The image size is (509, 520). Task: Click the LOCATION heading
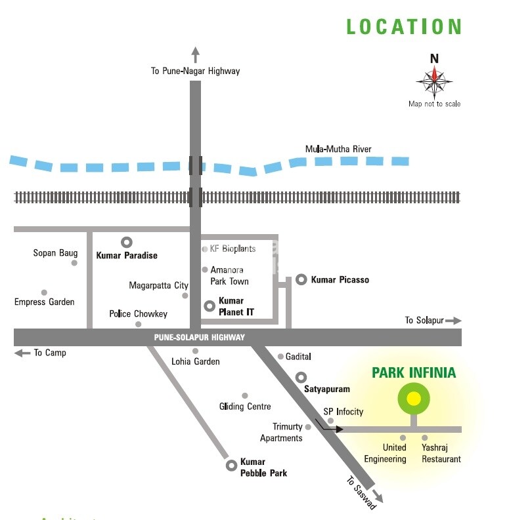[x=404, y=27]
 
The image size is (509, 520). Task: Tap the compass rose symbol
[x=434, y=81]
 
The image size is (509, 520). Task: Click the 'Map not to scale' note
[x=434, y=104]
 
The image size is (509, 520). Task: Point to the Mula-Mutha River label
[x=338, y=149]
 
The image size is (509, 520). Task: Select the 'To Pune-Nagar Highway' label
[x=196, y=71]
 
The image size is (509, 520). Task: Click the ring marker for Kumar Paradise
[x=126, y=242]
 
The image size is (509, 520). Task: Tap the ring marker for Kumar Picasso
[x=301, y=279]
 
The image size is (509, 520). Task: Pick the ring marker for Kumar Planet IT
[x=210, y=305]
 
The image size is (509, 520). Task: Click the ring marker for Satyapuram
[x=301, y=377]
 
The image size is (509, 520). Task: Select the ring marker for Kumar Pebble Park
[x=231, y=466]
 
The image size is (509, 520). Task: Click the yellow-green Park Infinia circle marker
[x=414, y=399]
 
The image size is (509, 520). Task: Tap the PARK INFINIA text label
[x=414, y=373]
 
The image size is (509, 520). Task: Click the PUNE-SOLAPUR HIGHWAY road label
[x=200, y=337]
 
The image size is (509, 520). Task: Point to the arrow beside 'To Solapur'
[x=454, y=321]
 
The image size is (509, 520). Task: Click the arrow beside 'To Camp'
[x=22, y=353]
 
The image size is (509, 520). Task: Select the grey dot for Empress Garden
[x=44, y=292]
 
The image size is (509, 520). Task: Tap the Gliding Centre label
[x=245, y=407]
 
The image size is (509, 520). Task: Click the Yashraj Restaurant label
[x=441, y=453]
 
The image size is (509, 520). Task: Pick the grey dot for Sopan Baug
[x=74, y=263]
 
